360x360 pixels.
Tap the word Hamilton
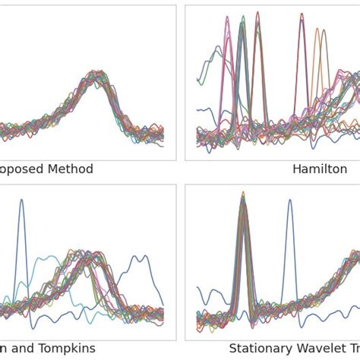click(320, 169)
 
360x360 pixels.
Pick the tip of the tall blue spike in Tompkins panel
click(21, 200)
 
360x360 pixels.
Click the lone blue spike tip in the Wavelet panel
click(289, 201)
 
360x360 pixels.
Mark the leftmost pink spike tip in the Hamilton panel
click(226, 17)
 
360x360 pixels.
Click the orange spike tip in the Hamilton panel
click(317, 30)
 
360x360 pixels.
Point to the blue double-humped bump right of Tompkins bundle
click(140, 258)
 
